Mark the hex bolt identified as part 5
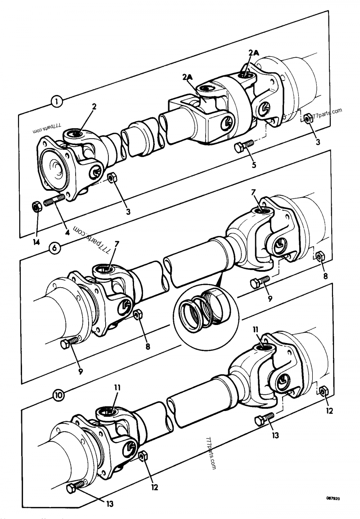tap(243, 145)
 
